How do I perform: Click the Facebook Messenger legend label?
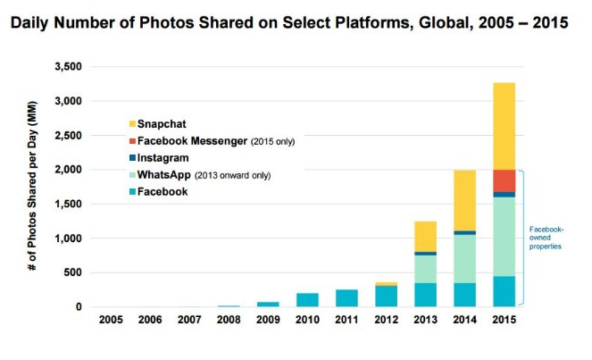tap(197, 141)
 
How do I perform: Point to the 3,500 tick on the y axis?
tap(68, 67)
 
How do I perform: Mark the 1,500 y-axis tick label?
tap(68, 205)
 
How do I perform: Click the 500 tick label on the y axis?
tap(73, 273)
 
